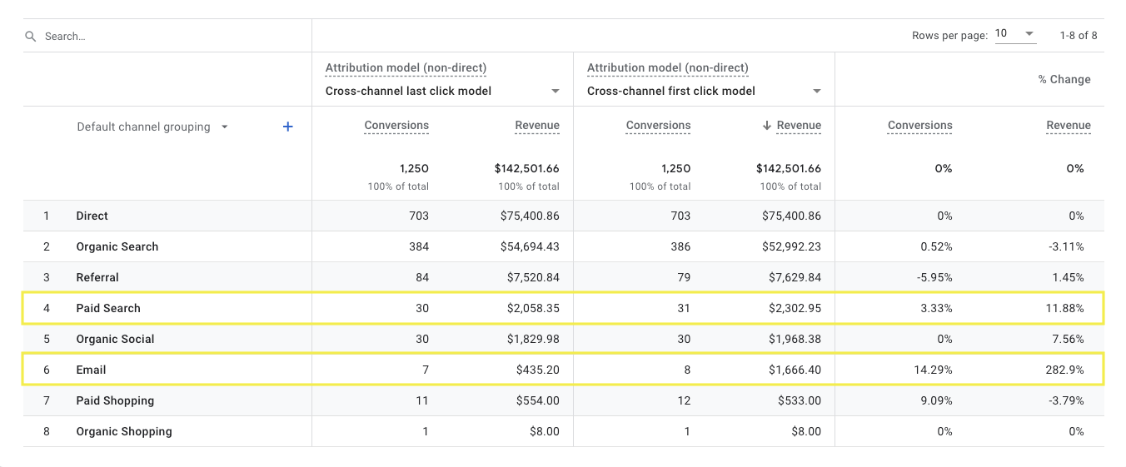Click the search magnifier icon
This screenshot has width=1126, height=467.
click(x=31, y=37)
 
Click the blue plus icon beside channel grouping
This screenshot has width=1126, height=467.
click(x=288, y=127)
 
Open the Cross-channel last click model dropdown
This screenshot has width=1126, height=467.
click(x=555, y=92)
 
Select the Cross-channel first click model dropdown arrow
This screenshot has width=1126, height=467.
click(x=816, y=92)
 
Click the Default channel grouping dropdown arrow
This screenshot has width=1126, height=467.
click(x=224, y=127)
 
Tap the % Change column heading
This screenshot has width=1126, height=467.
click(x=1064, y=79)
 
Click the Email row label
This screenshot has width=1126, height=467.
click(x=91, y=370)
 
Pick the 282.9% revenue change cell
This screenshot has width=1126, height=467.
click(x=1067, y=370)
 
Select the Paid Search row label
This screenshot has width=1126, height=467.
click(x=108, y=308)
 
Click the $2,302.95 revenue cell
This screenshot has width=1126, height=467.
click(x=791, y=308)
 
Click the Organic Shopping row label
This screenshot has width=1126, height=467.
click(x=124, y=431)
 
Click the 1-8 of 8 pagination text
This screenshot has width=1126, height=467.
click(x=1078, y=35)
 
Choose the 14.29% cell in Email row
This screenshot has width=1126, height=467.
click(x=932, y=370)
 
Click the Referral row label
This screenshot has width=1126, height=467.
click(x=97, y=277)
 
